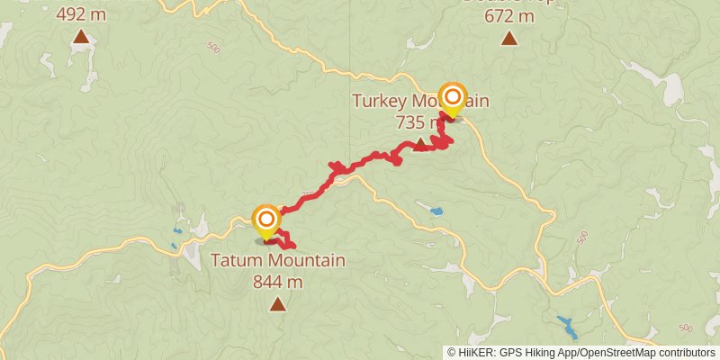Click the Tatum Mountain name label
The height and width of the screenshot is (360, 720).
278,261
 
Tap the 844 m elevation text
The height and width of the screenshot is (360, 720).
278,281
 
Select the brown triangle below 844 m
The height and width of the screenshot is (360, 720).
278,305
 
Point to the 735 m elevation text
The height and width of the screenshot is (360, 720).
418,121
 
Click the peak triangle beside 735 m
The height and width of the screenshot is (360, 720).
419,142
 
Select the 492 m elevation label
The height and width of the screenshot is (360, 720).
80,14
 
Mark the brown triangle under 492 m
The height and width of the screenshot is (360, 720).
81,37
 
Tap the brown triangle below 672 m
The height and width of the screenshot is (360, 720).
509,38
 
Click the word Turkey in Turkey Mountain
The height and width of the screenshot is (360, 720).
378,101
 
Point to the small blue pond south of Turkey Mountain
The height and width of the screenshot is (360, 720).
436,211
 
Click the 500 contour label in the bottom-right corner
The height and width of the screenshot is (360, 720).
687,328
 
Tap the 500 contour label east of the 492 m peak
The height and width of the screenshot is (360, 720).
212,47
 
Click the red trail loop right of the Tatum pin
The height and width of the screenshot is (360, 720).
284,239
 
